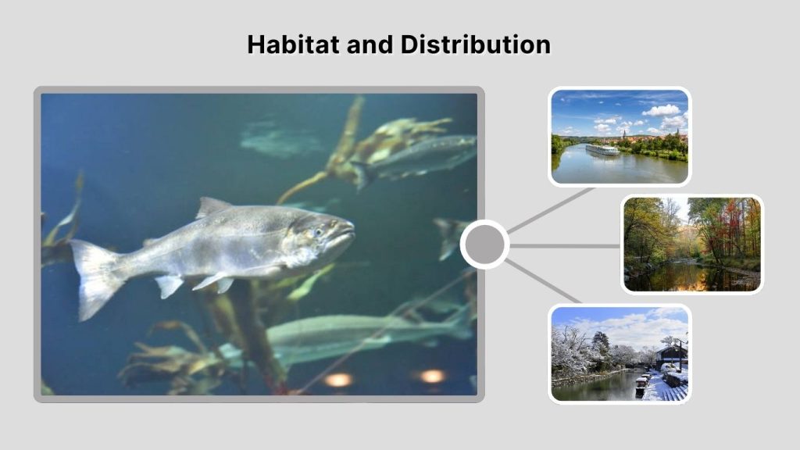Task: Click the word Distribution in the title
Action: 476,45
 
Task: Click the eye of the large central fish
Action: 317,232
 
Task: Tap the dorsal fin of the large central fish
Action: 212,207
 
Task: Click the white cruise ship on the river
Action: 602,150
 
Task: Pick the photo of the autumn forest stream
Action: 691,244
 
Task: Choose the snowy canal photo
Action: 620,353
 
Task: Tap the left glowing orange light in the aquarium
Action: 338,380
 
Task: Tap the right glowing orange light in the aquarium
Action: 432,376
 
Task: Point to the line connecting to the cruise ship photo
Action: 551,209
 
